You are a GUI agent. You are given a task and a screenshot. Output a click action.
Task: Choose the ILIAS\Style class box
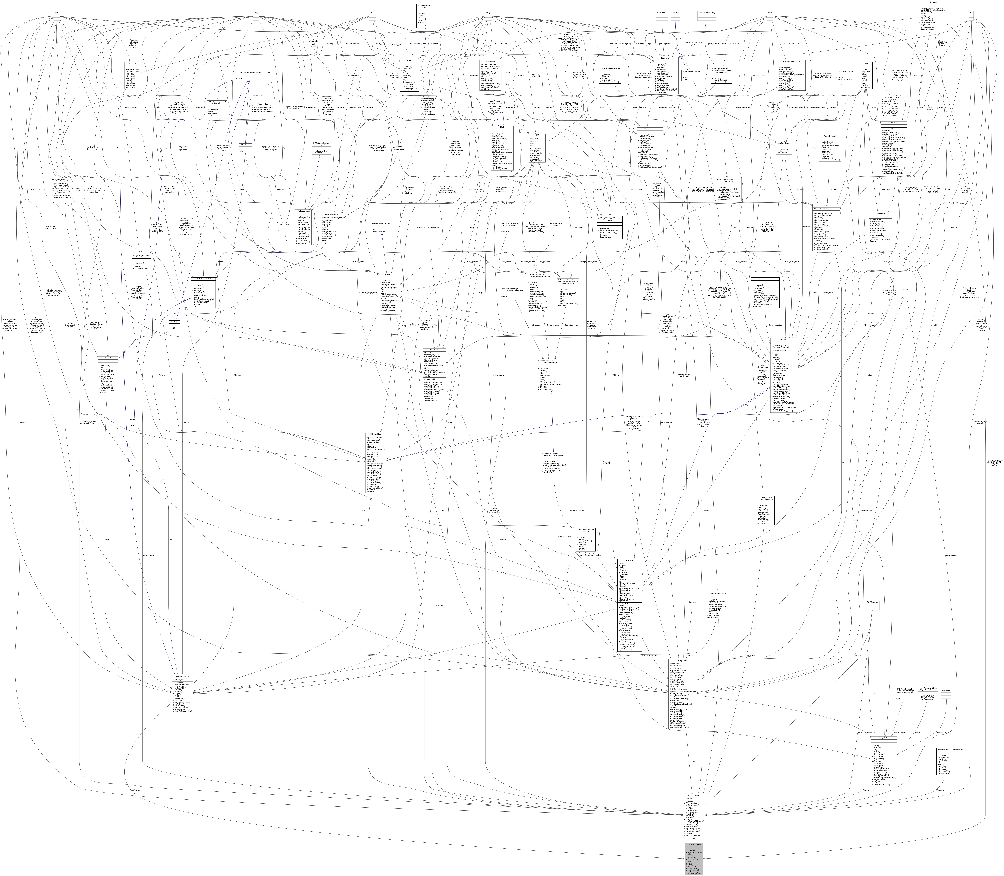[x=175, y=322]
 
